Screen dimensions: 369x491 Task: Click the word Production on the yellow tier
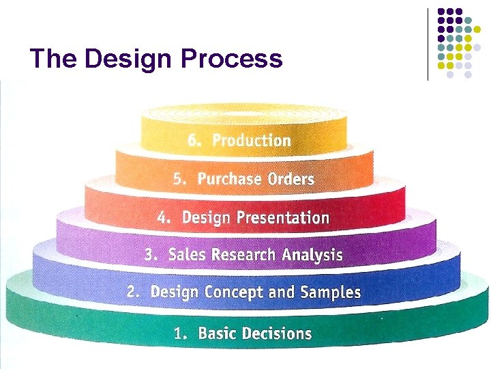click(251, 141)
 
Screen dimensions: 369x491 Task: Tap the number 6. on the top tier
click(195, 141)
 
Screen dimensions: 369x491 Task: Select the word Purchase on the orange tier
click(229, 179)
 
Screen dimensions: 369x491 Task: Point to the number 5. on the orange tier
click(179, 179)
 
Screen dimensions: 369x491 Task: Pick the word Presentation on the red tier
click(282, 218)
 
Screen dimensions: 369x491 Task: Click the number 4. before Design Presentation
click(164, 218)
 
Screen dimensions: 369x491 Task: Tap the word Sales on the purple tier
click(187, 255)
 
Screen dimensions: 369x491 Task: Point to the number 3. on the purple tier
click(151, 255)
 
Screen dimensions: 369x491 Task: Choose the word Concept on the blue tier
click(225, 292)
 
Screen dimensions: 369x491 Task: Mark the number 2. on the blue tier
click(134, 292)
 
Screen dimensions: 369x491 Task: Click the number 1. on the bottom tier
click(181, 333)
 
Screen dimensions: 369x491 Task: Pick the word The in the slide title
click(55, 59)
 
